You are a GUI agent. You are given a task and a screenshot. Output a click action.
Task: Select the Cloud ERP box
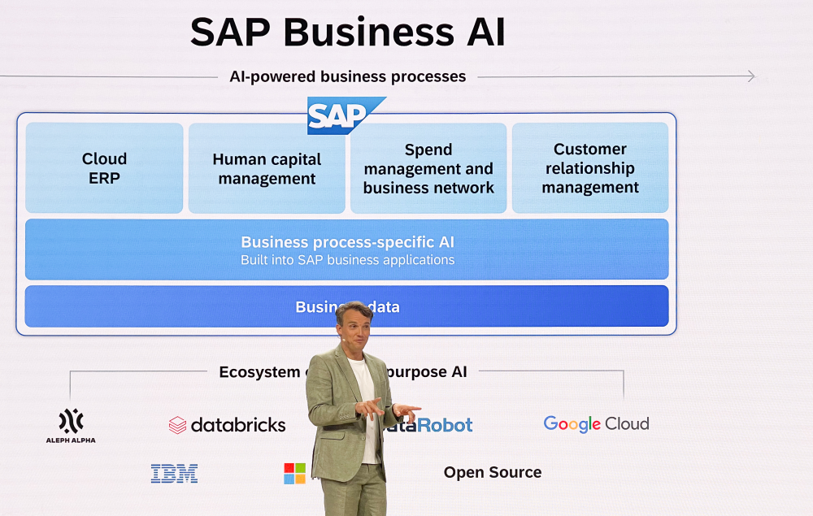click(104, 168)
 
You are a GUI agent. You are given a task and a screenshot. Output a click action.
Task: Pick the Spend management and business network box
click(428, 168)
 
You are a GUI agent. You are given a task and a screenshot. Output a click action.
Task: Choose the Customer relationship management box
click(590, 168)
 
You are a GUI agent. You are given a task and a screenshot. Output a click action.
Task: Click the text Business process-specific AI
click(347, 242)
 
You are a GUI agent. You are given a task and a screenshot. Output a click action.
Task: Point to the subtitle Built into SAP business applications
click(347, 260)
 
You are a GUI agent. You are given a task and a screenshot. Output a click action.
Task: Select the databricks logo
click(228, 424)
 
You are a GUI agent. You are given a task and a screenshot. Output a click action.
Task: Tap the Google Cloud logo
click(596, 423)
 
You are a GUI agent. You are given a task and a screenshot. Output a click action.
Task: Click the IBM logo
click(174, 474)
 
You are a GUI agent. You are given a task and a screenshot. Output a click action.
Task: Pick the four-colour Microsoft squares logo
click(294, 474)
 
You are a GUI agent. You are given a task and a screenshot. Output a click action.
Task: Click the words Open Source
click(492, 472)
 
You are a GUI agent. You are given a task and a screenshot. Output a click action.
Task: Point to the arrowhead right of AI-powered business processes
click(750, 76)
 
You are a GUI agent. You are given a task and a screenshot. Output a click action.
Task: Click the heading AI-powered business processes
click(347, 76)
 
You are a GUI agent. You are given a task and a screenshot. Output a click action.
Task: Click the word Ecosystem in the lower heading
click(259, 371)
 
